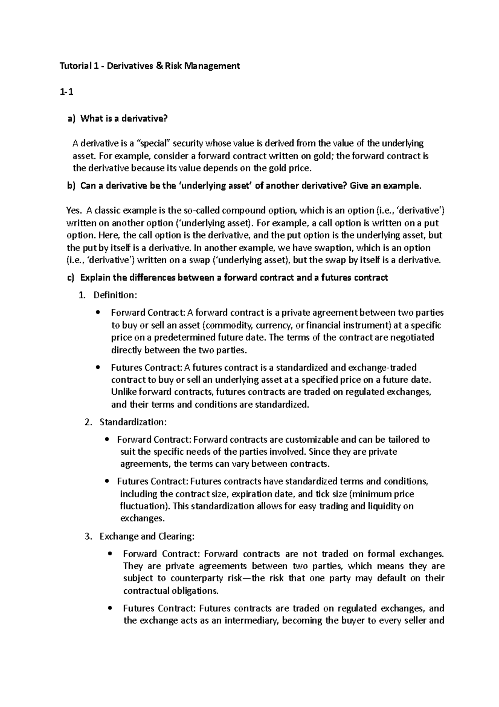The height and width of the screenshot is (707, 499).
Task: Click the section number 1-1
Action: coord(67,93)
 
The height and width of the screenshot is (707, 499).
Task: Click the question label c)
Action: coord(72,278)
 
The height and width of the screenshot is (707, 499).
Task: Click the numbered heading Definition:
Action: coord(115,295)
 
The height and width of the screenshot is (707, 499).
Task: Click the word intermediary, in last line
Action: coord(252,621)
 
